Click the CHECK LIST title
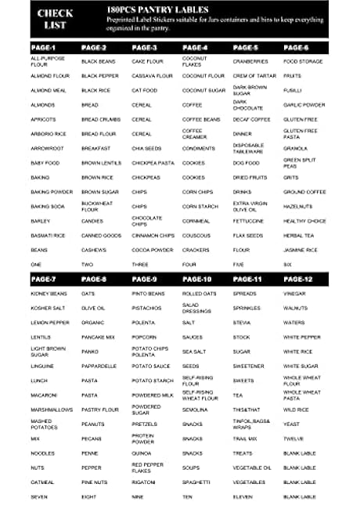55,18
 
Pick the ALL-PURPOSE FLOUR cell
45,61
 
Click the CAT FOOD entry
146,90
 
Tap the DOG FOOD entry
246,163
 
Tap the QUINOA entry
142,453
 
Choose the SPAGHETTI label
196,482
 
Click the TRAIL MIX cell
245,439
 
